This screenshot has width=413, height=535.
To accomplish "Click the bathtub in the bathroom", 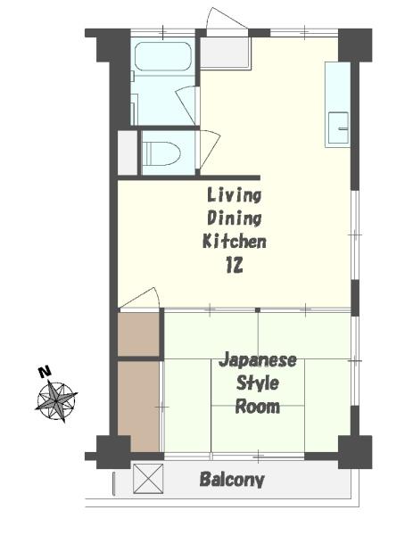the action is coord(163,56).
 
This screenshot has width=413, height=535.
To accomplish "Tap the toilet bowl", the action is coord(161,153).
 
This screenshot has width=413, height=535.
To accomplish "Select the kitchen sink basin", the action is coord(338,128).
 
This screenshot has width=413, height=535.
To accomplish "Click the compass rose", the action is coord(56,400).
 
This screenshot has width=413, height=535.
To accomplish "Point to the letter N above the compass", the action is coord(45,371).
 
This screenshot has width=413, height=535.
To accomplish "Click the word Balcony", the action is coord(232,480).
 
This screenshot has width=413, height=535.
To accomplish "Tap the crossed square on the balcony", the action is coord(148,478).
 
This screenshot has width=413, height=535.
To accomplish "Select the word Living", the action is coord(234,195).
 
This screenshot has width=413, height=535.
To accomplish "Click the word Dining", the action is coord(235,218).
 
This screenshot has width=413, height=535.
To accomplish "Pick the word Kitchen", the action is coord(235,241).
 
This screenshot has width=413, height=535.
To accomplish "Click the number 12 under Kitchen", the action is coord(235,265).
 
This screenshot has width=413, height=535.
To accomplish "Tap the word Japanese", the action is coord(258,361).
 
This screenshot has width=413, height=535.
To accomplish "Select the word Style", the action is coord(258,383).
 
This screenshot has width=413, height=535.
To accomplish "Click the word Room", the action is coord(258,407).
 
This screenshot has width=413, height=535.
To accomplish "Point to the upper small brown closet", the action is coord(138,334).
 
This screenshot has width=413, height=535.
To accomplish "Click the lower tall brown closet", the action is coord(138,406).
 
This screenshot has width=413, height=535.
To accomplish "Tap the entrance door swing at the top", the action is coord(227,20).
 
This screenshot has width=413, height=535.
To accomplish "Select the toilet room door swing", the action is coord(209,150).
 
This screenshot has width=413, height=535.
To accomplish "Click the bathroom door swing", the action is coord(187,105).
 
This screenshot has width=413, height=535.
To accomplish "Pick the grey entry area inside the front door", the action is coord(225,53).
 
